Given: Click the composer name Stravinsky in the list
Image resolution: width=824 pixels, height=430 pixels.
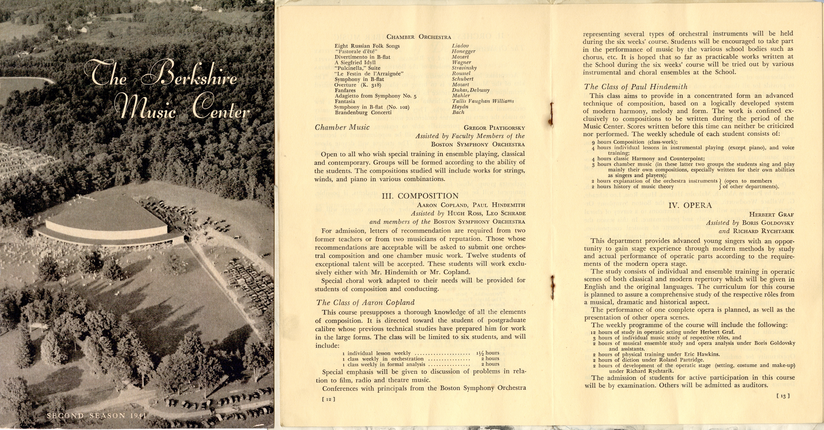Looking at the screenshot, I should click(x=464, y=68).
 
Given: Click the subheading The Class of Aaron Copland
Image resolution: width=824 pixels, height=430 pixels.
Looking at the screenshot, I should click(x=365, y=302).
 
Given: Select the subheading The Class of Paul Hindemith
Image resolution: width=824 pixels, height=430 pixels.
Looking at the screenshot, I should click(x=636, y=87).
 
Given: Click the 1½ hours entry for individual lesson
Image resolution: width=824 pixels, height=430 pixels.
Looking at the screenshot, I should click(x=488, y=353).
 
